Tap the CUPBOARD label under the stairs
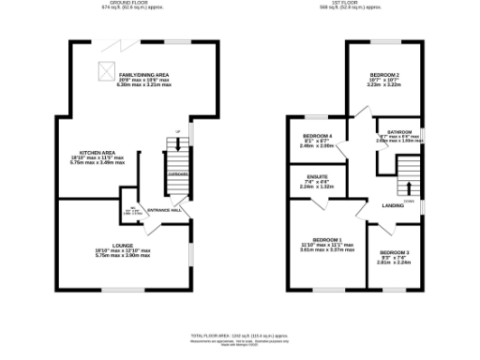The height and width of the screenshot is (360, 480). [x=177, y=174]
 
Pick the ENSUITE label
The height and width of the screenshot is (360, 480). [x=317, y=176]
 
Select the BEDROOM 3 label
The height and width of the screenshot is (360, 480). [x=395, y=253]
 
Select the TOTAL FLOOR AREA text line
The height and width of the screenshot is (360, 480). [x=239, y=335]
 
